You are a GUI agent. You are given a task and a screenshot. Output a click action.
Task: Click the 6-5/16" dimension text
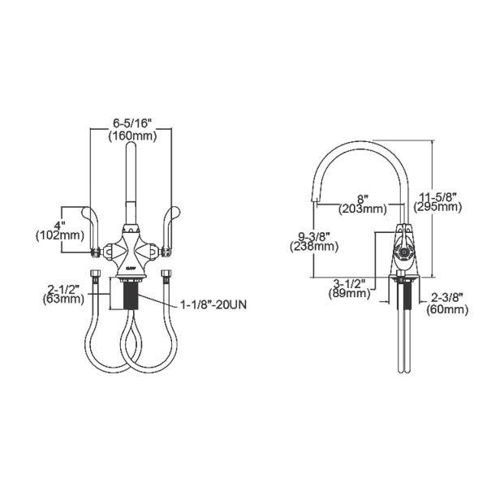132,123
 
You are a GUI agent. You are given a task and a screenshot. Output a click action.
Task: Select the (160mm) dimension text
132,136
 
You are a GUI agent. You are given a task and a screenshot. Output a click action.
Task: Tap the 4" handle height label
58,224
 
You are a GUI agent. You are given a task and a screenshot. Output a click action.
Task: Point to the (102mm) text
58,236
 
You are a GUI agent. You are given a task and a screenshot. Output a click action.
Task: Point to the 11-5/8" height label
439,196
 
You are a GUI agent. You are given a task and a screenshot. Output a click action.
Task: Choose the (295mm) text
439,207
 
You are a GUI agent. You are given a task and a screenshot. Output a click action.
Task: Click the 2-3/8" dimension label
447,298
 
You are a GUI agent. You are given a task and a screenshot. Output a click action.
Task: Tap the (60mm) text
447,309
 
